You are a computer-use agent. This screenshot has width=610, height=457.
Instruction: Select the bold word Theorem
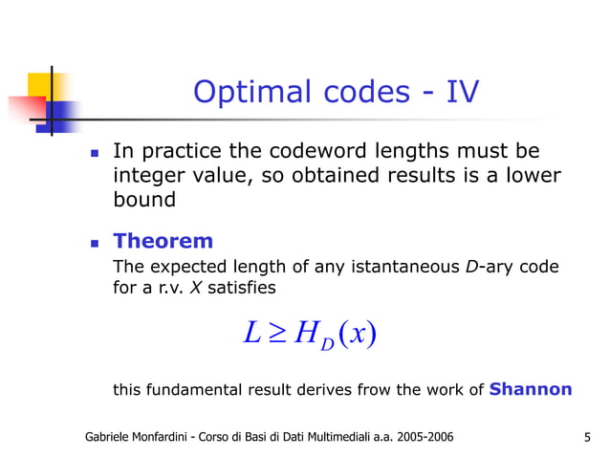click(x=163, y=240)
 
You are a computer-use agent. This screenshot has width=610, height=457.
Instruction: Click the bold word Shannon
click(x=531, y=389)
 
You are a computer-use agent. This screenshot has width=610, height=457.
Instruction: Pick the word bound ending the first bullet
click(x=144, y=201)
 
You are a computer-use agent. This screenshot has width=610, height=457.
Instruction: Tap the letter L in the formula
click(x=252, y=334)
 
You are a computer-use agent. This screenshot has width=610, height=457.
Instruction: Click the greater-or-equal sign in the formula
click(x=278, y=334)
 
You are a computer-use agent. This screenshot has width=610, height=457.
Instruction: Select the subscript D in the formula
click(x=326, y=342)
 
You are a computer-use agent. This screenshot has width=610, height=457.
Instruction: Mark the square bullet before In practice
click(x=94, y=153)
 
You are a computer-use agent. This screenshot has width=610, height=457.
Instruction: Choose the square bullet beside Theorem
click(x=94, y=242)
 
